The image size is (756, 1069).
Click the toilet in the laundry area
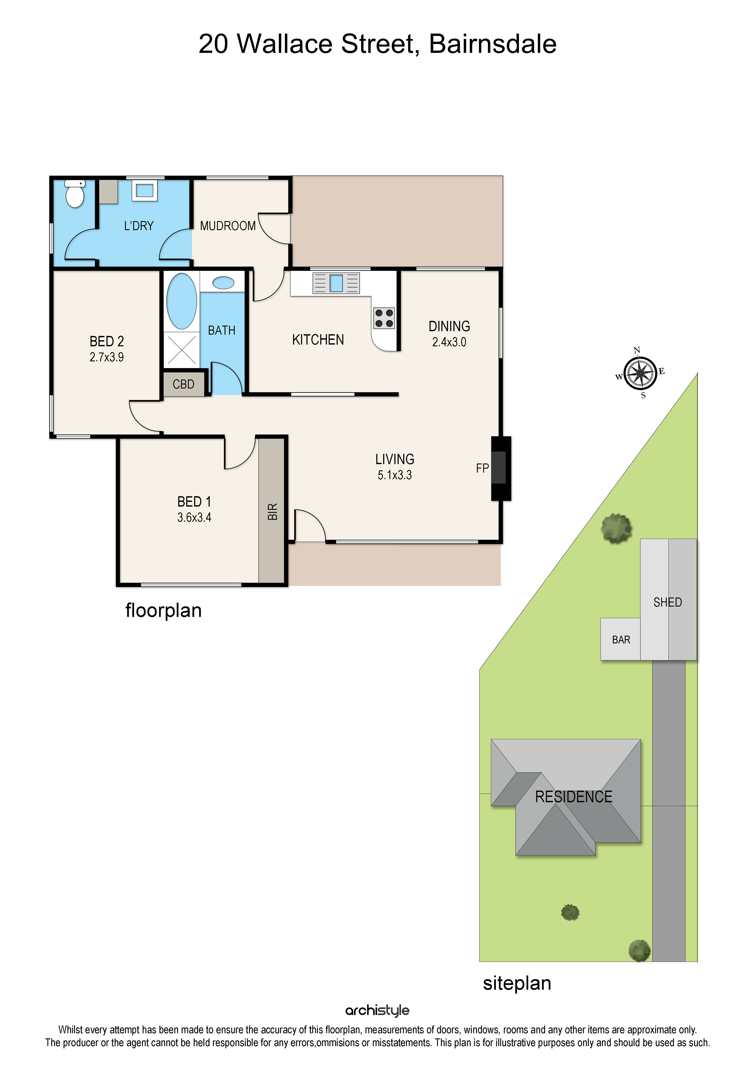click(x=75, y=194)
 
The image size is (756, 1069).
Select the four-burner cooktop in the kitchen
click(x=384, y=318)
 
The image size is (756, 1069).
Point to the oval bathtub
click(x=181, y=301)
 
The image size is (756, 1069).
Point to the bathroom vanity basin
click(x=223, y=283)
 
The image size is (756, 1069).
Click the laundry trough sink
click(x=144, y=190)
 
